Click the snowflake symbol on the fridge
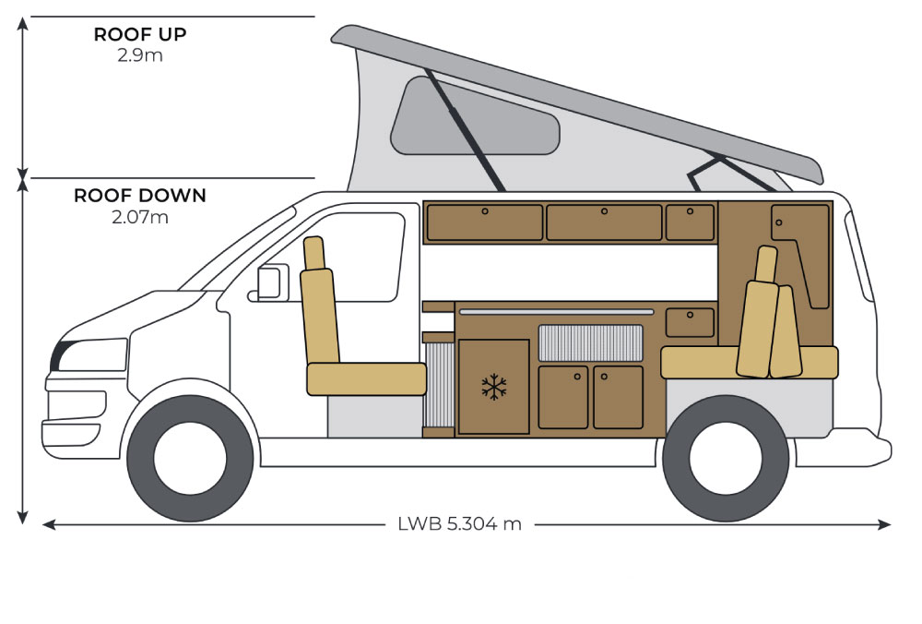[x=495, y=387]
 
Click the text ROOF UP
[x=140, y=35]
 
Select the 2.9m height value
[x=140, y=55]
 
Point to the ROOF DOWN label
[x=140, y=196]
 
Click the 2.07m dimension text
[x=140, y=218]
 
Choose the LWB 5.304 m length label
[x=459, y=524]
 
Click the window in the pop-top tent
[x=474, y=116]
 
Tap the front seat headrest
[x=314, y=252]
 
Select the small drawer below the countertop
[x=690, y=322]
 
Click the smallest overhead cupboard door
[x=690, y=222]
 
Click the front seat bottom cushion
[x=366, y=377]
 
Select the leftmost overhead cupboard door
[x=485, y=222]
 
